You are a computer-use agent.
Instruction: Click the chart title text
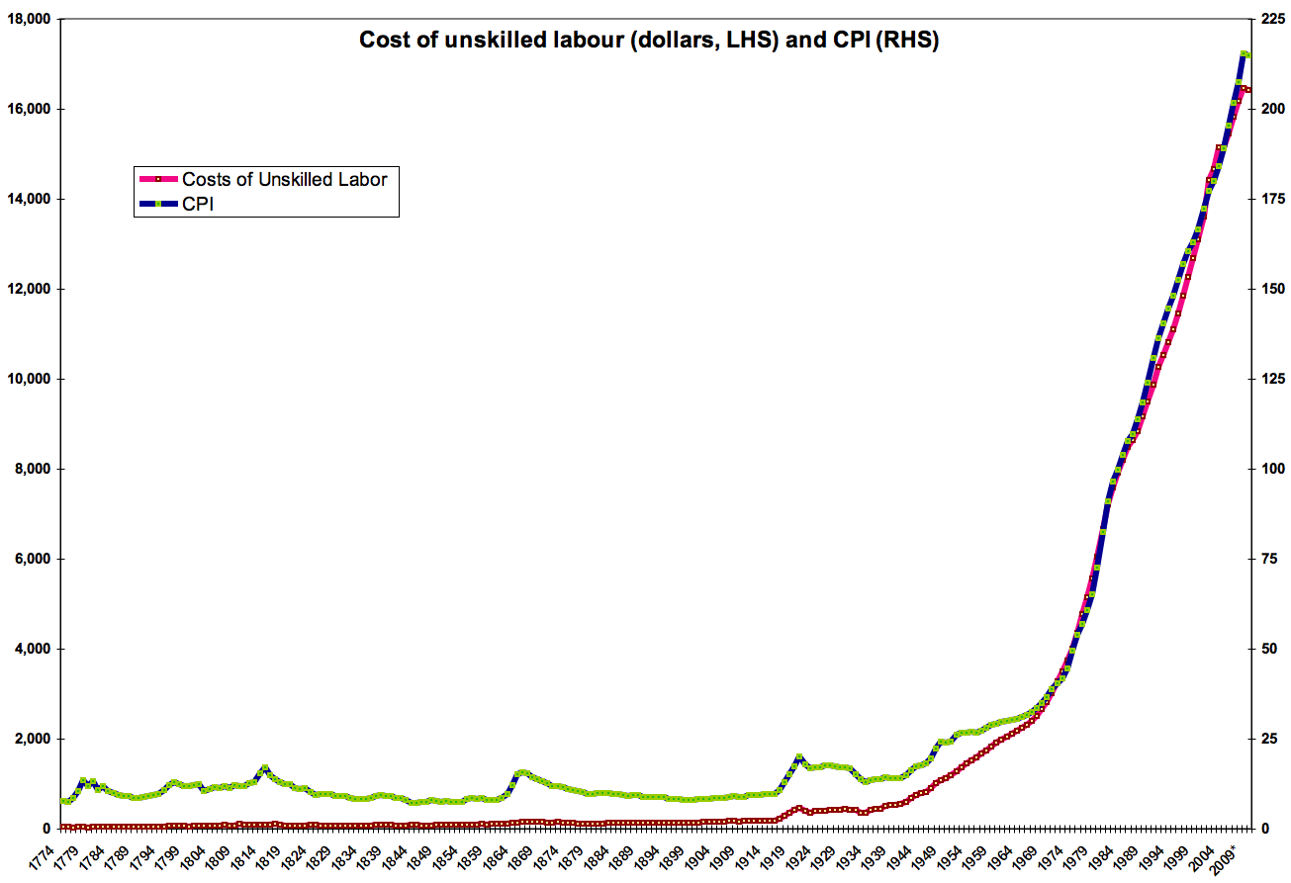[648, 41]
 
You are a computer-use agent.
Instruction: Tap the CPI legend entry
[198, 204]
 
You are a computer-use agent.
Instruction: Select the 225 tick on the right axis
[1268, 20]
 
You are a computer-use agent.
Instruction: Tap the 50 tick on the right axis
[1265, 650]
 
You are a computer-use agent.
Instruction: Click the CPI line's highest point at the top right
[1244, 54]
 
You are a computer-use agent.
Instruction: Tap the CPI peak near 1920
[798, 757]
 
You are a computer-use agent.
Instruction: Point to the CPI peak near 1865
[522, 772]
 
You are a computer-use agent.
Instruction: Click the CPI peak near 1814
[265, 768]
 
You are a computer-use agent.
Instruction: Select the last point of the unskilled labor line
[1248, 90]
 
